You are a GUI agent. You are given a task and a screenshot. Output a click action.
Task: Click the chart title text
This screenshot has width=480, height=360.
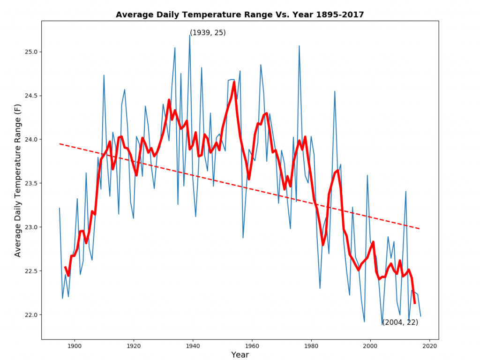point(240,15)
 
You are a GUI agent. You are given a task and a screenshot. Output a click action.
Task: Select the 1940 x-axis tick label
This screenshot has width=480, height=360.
point(193,346)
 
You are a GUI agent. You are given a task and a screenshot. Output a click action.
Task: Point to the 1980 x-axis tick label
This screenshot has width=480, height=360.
point(311,346)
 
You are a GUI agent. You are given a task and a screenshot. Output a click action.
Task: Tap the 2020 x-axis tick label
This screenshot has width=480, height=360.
point(429,346)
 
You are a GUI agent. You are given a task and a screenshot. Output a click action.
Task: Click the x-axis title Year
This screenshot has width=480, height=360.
point(240,355)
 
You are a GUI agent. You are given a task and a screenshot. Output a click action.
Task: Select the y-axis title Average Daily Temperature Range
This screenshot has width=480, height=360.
point(18,180)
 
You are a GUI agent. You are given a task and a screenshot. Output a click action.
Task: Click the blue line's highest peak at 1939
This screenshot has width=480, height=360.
point(190,36)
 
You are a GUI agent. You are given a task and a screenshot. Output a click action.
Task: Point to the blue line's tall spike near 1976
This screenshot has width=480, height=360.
point(299,46)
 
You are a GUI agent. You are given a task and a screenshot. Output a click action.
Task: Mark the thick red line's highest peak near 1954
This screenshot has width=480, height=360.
point(234,82)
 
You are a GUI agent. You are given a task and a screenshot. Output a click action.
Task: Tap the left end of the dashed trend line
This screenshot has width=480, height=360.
point(60,144)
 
